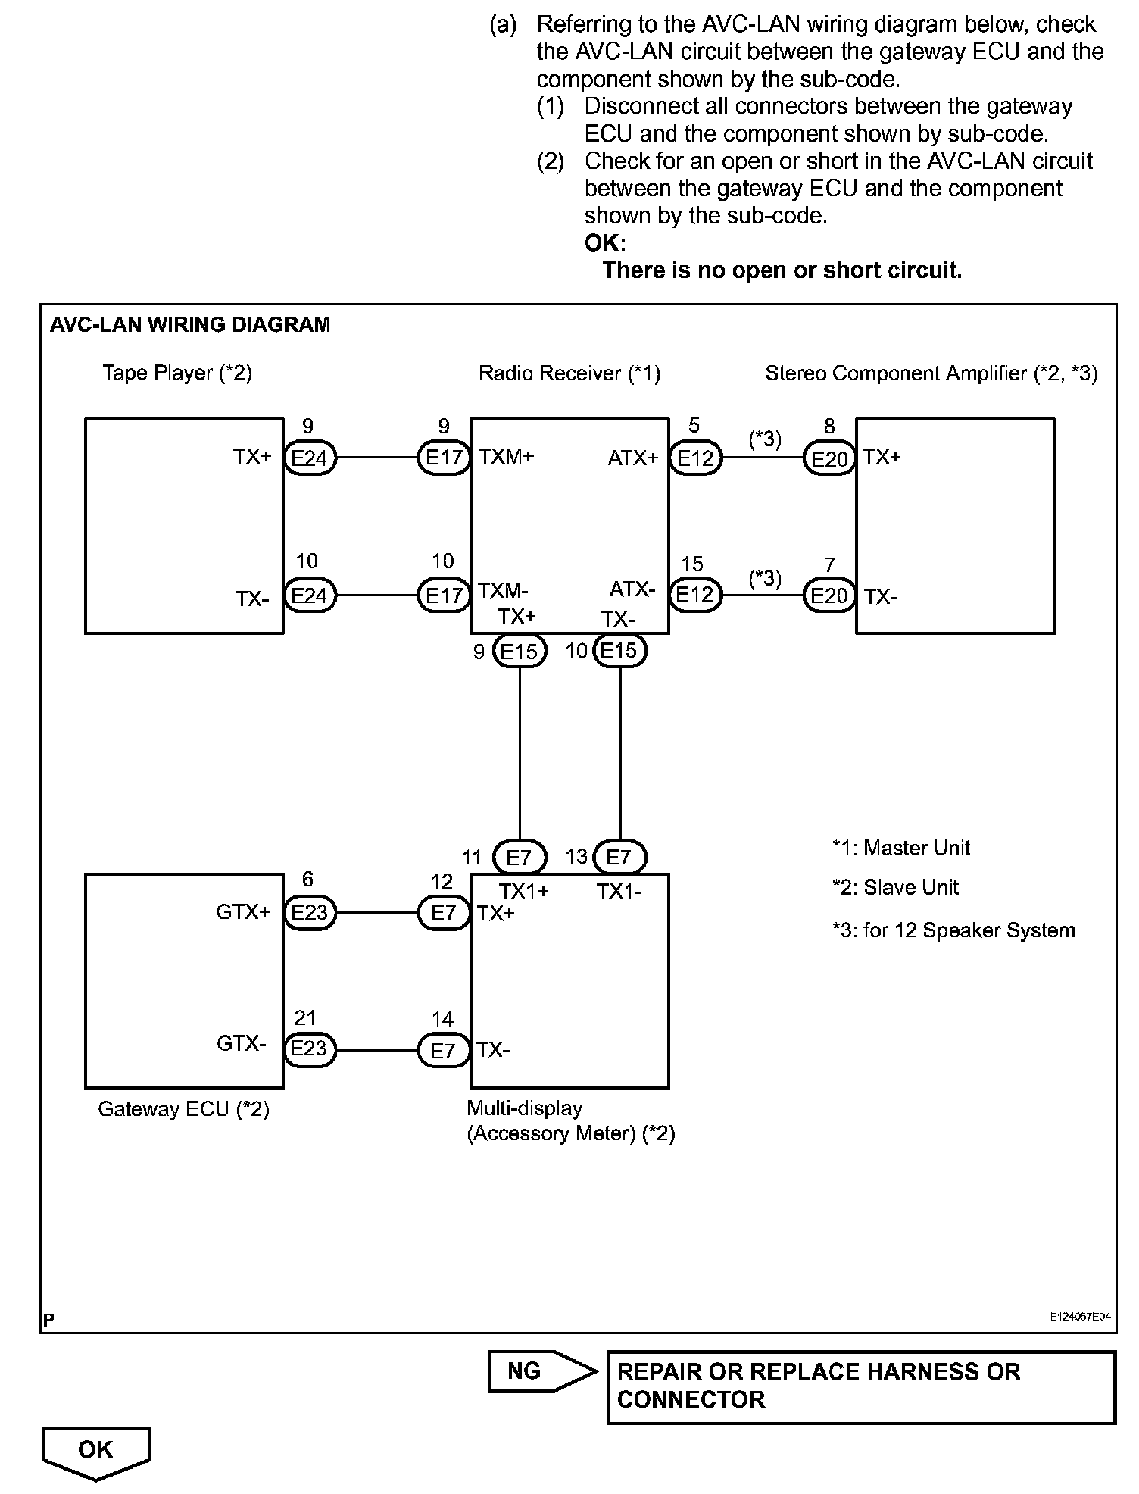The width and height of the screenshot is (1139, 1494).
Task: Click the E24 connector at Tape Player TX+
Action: pos(309,458)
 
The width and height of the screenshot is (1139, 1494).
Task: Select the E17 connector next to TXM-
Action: pos(444,595)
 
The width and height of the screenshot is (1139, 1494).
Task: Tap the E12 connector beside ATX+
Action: pos(695,458)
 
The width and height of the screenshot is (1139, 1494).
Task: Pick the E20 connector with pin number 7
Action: pos(829,595)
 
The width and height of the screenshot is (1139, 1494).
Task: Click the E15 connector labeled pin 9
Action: pos(520,652)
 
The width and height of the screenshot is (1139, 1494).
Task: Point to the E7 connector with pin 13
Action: pos(619,857)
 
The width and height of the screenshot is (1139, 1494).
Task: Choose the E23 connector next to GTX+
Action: pos(309,912)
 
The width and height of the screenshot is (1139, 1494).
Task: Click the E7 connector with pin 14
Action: pos(444,1050)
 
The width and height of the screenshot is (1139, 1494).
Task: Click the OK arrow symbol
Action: pos(95,1452)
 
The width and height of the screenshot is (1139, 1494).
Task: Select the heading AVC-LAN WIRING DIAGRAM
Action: pos(190,325)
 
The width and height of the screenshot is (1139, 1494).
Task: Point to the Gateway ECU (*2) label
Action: pos(183,1109)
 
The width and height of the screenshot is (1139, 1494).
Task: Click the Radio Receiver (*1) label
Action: pos(569,373)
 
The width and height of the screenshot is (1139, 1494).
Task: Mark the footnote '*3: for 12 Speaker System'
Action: pos(953,930)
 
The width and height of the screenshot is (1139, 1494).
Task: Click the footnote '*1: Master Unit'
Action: pos(900,848)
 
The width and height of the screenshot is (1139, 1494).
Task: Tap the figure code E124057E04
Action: pos(1080,1317)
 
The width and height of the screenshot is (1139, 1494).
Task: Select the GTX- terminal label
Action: pos(241,1044)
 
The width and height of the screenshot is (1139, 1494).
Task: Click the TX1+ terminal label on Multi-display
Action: pos(523,891)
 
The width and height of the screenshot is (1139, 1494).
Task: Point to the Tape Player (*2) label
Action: pos(177,373)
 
